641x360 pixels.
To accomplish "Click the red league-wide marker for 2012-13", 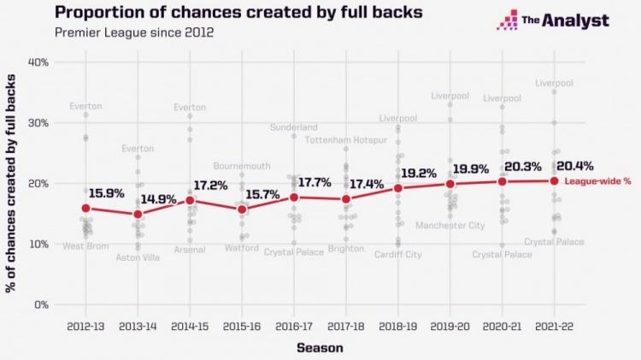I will pyautogui.click(x=85, y=208).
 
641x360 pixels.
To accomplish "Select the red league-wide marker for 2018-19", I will pyautogui.click(x=397, y=188).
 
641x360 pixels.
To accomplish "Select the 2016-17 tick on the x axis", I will pyautogui.click(x=293, y=327).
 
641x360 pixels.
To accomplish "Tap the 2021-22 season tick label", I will pyautogui.click(x=553, y=327).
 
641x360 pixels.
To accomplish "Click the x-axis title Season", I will pyautogui.click(x=320, y=347).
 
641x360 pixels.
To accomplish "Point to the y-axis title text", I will pyautogui.click(x=12, y=184).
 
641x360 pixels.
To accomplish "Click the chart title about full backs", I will pyautogui.click(x=213, y=13).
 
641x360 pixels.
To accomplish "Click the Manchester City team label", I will pyautogui.click(x=450, y=226).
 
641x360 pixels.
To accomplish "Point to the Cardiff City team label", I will pyautogui.click(x=397, y=255).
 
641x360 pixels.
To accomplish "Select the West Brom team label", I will pyautogui.click(x=85, y=246).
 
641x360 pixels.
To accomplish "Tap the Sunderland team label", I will pyautogui.click(x=294, y=127).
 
